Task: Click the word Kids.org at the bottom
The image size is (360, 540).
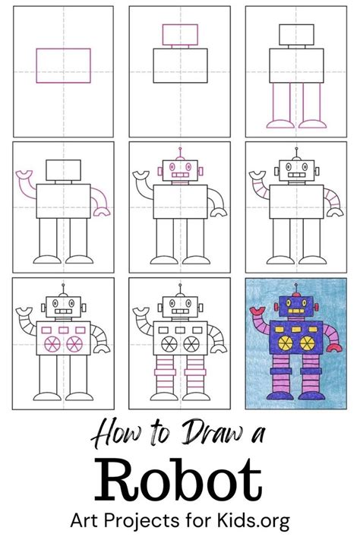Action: (x=253, y=521)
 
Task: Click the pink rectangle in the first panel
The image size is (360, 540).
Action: (x=63, y=66)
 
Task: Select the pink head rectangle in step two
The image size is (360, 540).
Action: (x=180, y=34)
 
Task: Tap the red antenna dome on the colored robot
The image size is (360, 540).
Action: (x=296, y=295)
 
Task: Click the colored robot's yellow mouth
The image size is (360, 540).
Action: (x=296, y=311)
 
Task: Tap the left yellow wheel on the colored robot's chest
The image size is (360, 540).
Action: (x=286, y=343)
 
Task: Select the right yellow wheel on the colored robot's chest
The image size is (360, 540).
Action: (x=308, y=343)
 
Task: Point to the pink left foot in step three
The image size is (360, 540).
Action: (x=280, y=124)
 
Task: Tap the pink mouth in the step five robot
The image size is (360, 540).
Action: (x=180, y=175)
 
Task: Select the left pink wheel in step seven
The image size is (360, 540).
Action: (x=52, y=344)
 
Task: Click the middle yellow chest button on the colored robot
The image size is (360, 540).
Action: (x=296, y=330)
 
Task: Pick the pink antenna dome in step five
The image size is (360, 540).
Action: (x=180, y=158)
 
